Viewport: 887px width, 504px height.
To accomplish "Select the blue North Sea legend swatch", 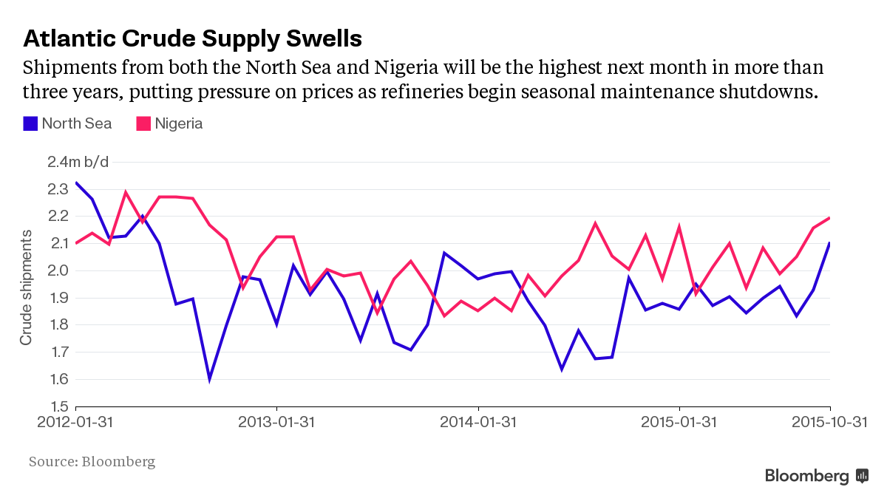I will [30, 123].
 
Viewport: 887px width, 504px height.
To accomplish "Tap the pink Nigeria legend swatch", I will [143, 123].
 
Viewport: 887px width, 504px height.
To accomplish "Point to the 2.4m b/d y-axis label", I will [78, 162].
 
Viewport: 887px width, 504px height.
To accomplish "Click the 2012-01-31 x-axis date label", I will [76, 423].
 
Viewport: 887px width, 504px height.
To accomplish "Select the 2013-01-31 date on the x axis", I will [276, 423].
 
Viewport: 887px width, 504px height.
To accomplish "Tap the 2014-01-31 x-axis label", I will [478, 423].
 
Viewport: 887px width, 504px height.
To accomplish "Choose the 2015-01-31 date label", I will [679, 423].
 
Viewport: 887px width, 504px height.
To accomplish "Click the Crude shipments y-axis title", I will [27, 287].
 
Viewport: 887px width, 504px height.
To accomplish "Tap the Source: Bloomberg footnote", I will [92, 462].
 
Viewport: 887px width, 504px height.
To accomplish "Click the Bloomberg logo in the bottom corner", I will [816, 477].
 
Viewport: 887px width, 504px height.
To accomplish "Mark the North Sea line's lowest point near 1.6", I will [210, 379].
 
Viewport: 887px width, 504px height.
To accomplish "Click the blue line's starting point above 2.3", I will [76, 183].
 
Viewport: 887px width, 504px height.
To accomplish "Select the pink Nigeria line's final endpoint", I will [830, 218].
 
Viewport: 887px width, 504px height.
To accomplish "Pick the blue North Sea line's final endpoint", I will [830, 243].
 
